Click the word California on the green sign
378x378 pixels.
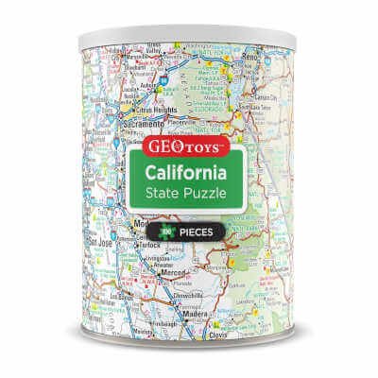[189, 177]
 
